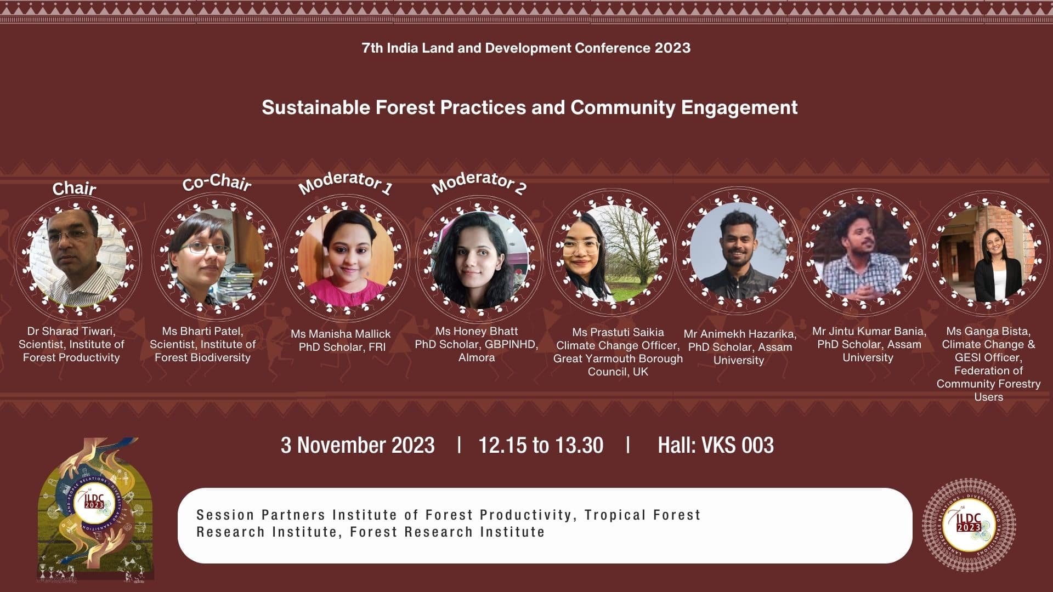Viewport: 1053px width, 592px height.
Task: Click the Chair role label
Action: (x=74, y=189)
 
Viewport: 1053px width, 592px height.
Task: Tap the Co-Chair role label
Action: (x=217, y=182)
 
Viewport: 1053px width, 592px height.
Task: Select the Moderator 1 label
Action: (x=346, y=183)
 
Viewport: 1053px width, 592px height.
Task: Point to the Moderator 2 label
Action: (x=479, y=183)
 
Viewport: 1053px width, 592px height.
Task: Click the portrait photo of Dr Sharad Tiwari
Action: (x=77, y=258)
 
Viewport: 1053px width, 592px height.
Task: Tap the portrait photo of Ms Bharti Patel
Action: (x=216, y=258)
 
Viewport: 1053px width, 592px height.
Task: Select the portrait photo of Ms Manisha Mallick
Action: (x=346, y=258)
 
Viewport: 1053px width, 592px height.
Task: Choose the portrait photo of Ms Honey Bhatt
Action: (x=479, y=259)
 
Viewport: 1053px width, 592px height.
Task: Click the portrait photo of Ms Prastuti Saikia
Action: (x=610, y=253)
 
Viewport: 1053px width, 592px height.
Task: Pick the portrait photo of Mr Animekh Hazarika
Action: (x=738, y=252)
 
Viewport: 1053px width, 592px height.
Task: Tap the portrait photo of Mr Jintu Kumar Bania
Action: (x=863, y=253)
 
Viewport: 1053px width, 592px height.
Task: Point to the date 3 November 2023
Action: (x=358, y=445)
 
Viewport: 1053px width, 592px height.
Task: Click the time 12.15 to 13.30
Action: (x=541, y=445)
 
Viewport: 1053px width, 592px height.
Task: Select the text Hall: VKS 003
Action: (x=716, y=445)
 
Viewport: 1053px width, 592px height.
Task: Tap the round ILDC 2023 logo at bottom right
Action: (x=969, y=525)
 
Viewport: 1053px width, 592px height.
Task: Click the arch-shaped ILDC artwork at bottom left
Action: (x=95, y=510)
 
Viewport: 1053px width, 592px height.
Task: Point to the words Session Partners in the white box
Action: (x=262, y=515)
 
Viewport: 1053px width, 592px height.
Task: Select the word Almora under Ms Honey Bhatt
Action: (x=477, y=357)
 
